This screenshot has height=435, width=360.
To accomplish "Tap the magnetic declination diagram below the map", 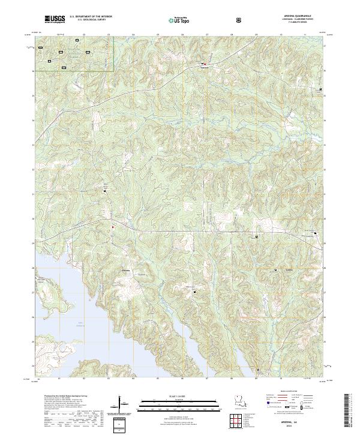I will click(123, 408).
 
